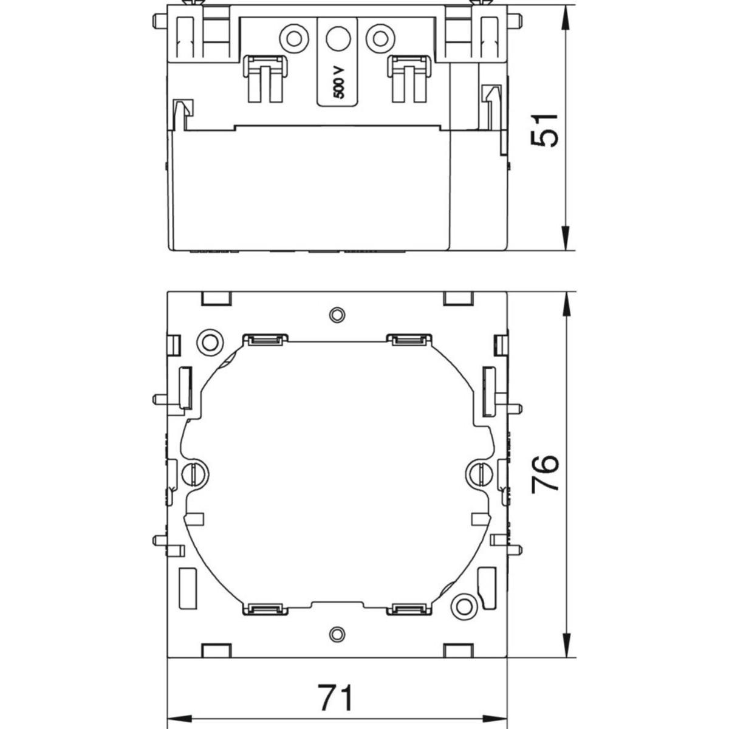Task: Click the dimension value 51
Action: click(x=545, y=130)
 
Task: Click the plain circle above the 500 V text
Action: click(x=338, y=38)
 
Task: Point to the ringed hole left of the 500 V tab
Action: click(x=294, y=38)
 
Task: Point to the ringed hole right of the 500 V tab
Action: click(x=380, y=38)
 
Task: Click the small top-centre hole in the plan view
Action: click(x=337, y=314)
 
